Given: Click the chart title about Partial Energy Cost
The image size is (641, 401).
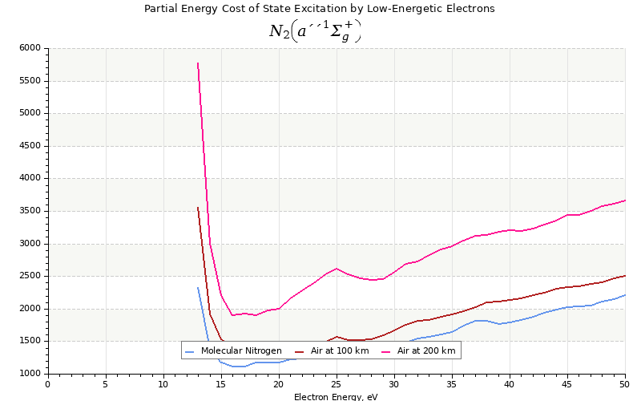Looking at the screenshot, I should [x=319, y=9].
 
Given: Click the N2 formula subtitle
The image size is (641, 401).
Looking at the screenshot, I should [x=315, y=31].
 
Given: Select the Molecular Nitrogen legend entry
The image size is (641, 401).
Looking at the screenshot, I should [x=233, y=351].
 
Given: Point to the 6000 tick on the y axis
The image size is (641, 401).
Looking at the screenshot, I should [x=29, y=48].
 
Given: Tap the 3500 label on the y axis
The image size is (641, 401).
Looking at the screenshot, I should [x=29, y=211].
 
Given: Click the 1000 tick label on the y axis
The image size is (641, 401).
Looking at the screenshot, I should [x=29, y=374].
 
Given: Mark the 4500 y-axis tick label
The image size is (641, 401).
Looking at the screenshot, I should [x=29, y=146].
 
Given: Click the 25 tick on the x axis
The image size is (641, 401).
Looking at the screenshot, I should [x=337, y=384].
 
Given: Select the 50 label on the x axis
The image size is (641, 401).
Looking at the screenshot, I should [x=625, y=384].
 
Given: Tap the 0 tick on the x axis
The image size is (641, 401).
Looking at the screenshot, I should [x=48, y=384].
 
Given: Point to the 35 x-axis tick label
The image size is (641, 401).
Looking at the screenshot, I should [x=452, y=384].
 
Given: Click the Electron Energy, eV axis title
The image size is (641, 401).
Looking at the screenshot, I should [x=336, y=396].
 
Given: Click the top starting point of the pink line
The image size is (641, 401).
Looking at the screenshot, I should [x=198, y=63].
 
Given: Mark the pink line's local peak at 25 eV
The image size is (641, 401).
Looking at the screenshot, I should [x=337, y=269].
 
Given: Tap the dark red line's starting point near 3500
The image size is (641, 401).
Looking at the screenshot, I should [x=198, y=207].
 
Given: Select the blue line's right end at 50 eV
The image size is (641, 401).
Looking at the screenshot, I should [x=625, y=294].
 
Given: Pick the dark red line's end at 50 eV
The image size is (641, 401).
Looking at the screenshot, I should [x=625, y=275].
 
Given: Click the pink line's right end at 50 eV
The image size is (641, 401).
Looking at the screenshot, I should [x=625, y=200].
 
